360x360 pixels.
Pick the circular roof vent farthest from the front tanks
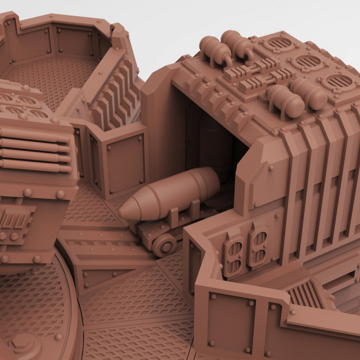pyautogui.click(x=278, y=44)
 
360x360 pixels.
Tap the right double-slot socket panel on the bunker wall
pyautogui.click(x=258, y=245)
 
